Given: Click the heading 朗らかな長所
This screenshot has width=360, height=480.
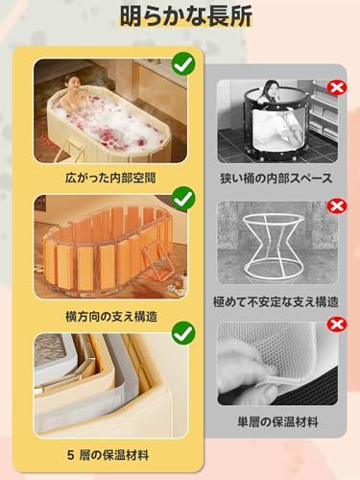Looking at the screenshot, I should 179,16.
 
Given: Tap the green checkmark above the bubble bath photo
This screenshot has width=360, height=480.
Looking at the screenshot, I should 184,64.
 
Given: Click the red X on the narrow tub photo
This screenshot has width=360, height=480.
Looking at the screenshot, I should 337,88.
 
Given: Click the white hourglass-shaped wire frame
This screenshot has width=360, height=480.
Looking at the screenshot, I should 274,245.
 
